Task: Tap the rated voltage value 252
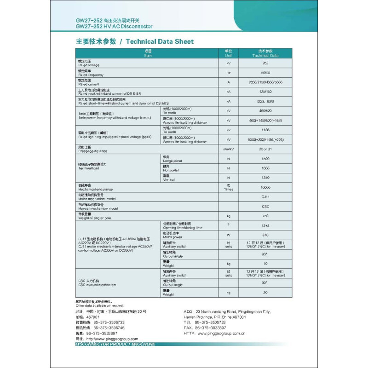[x=265, y=63]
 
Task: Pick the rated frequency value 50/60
[x=265, y=73]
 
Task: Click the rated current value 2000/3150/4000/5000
[x=265, y=82]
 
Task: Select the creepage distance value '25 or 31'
[x=265, y=149]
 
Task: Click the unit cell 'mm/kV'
[x=228, y=149]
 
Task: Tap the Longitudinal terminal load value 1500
[x=265, y=159]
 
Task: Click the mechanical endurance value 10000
[x=265, y=187]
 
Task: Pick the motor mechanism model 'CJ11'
[x=265, y=197]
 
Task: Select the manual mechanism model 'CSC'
[x=265, y=207]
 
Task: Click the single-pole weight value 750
[x=265, y=216]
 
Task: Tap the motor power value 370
[x=265, y=235]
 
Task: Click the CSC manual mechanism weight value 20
[x=265, y=292]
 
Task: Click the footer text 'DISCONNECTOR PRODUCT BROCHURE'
[x=115, y=344]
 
